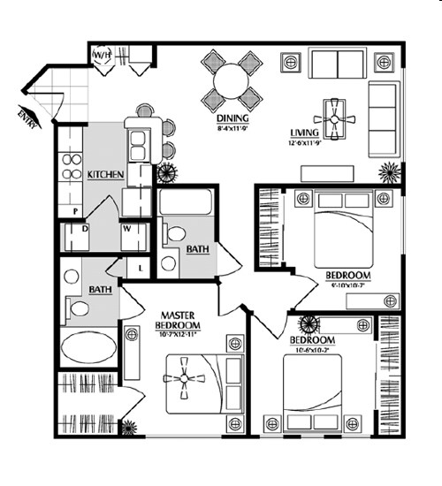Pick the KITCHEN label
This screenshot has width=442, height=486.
104,176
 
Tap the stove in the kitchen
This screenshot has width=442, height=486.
70,168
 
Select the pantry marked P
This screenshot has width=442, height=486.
76,210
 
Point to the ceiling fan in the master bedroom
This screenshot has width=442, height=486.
185,378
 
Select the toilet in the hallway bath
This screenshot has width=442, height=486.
174,235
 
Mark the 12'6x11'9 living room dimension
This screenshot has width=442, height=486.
309,147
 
